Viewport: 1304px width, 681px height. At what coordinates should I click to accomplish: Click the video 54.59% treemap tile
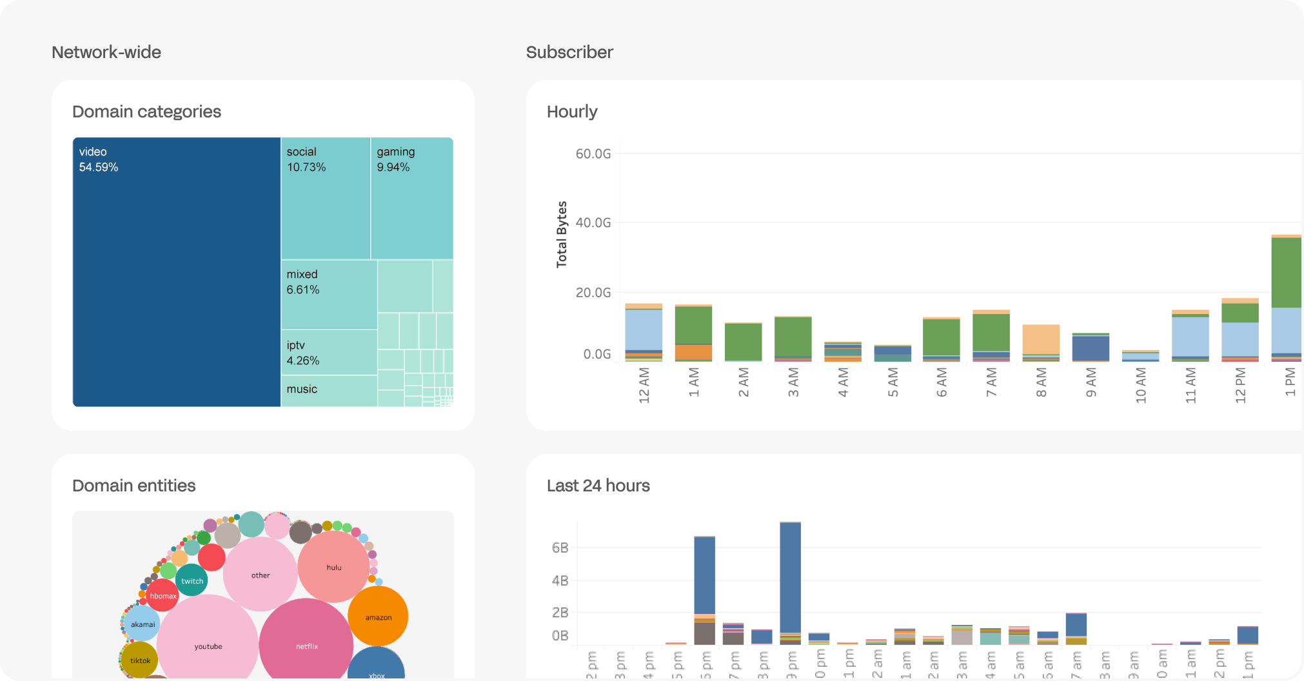pos(176,271)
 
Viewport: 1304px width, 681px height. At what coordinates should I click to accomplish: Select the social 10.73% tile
pos(326,199)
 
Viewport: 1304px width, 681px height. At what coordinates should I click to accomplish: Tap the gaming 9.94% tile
pos(412,199)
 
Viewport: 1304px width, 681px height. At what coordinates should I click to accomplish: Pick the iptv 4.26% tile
pos(329,353)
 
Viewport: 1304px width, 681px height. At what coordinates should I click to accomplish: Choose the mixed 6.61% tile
pos(329,295)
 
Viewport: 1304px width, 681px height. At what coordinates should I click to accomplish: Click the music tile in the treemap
pos(329,391)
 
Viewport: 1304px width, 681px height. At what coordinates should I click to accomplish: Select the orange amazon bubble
pos(378,617)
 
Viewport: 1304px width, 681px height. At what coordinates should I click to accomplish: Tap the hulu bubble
pos(333,567)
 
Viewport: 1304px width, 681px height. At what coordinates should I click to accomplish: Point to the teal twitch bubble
pos(192,580)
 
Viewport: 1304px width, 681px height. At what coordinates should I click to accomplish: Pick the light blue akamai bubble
pos(143,624)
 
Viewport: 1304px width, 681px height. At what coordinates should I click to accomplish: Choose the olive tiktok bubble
pos(139,660)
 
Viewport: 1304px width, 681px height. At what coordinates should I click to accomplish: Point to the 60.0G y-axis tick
pos(593,153)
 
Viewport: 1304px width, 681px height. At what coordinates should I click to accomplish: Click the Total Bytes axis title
pos(562,234)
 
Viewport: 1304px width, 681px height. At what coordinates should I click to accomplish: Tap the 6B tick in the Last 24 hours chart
pos(560,548)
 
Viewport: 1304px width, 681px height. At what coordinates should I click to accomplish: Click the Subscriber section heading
pos(569,52)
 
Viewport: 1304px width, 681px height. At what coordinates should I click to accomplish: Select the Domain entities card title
pos(133,486)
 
